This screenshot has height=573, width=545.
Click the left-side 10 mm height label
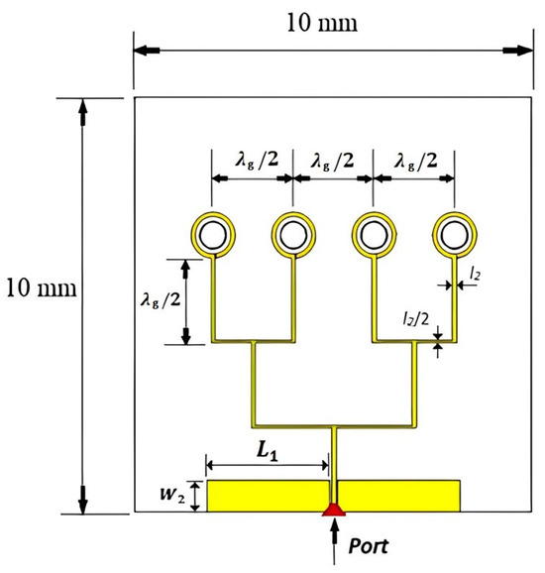click(39, 289)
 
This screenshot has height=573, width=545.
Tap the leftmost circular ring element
click(214, 234)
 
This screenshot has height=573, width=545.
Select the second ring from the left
click(294, 234)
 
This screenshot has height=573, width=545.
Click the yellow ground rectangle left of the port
click(268, 496)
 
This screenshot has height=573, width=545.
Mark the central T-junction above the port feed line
click(334, 429)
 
